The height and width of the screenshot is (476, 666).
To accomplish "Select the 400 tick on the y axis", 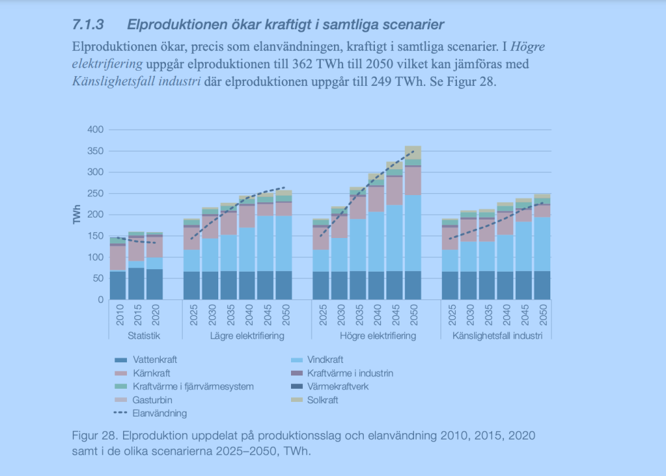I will coord(96,130).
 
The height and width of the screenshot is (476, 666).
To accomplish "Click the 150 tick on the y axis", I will coord(96,236).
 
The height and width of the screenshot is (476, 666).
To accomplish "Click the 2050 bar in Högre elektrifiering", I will coord(413,225).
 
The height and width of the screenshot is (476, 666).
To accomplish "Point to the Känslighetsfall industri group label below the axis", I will coord(497,337).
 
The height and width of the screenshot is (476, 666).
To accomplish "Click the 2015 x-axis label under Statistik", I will coord(136,315).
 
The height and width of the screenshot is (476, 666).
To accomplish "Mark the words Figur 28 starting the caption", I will coord(92,437).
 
